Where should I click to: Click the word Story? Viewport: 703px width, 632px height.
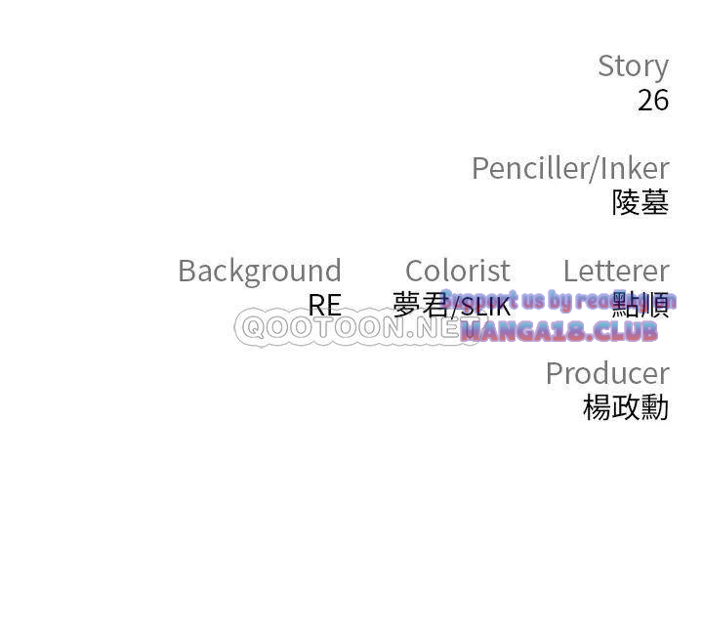pyautogui.click(x=633, y=66)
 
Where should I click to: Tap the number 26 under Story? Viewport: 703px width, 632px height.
pyautogui.click(x=653, y=100)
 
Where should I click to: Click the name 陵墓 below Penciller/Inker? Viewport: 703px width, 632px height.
pyautogui.click(x=641, y=202)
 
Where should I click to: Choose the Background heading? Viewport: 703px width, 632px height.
pyautogui.click(x=260, y=271)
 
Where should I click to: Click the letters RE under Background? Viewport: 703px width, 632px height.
pyautogui.click(x=324, y=306)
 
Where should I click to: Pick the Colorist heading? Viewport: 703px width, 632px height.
pyautogui.click(x=457, y=271)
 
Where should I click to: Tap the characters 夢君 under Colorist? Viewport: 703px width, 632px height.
pyautogui.click(x=420, y=305)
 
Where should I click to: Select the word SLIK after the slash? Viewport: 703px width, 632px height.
pyautogui.click(x=485, y=308)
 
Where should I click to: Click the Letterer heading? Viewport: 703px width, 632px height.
pyautogui.click(x=616, y=271)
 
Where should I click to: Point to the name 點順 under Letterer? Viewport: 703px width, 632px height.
pyautogui.click(x=641, y=306)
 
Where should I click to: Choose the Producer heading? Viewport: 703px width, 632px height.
pyautogui.click(x=606, y=373)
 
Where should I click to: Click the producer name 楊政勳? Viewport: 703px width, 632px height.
pyautogui.click(x=626, y=407)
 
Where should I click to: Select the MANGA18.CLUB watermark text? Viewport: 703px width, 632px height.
pyautogui.click(x=559, y=332)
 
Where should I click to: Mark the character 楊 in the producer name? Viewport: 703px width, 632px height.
pyautogui.click(x=597, y=407)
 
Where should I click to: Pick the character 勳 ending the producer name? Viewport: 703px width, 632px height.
pyautogui.click(x=655, y=407)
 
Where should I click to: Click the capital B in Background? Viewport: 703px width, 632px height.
pyautogui.click(x=187, y=271)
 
